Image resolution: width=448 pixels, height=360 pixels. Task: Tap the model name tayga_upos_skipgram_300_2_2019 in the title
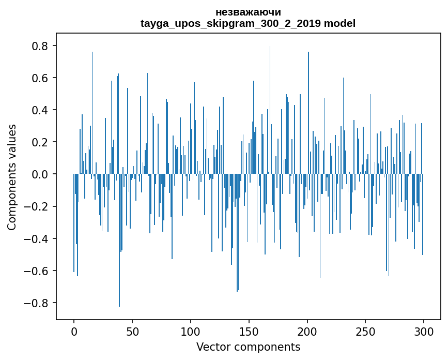(x=230, y=24)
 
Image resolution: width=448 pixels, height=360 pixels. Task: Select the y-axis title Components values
(x=12, y=177)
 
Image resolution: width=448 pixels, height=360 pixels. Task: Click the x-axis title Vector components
(x=248, y=347)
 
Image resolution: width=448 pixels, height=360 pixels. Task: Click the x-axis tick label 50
(x=132, y=331)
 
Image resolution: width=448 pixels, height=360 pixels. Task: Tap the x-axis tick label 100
(x=191, y=331)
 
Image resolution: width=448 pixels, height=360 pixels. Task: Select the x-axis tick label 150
(x=249, y=331)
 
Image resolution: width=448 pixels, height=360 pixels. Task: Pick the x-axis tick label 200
(x=307, y=331)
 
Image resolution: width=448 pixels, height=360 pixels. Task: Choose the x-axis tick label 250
(x=365, y=331)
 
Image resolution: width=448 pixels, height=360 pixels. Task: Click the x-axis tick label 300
(x=424, y=331)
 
